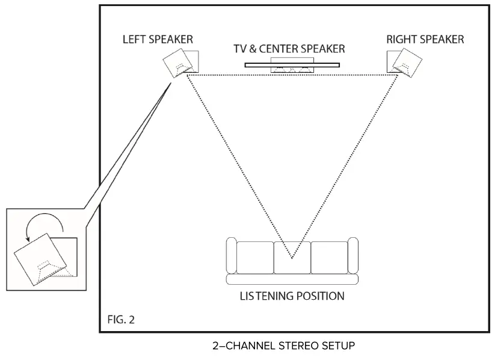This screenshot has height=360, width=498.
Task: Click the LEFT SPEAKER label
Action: click(x=158, y=40)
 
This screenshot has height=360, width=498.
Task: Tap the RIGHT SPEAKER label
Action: click(x=425, y=40)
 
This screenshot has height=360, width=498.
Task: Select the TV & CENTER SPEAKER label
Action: click(x=290, y=49)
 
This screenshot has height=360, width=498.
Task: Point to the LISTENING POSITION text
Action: click(x=292, y=296)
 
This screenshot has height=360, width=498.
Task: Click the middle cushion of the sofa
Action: click(x=292, y=257)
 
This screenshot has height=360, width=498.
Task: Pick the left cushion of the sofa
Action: click(x=255, y=257)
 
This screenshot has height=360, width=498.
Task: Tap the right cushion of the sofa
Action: click(x=329, y=257)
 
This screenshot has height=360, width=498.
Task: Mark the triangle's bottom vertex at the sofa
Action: click(x=292, y=259)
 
